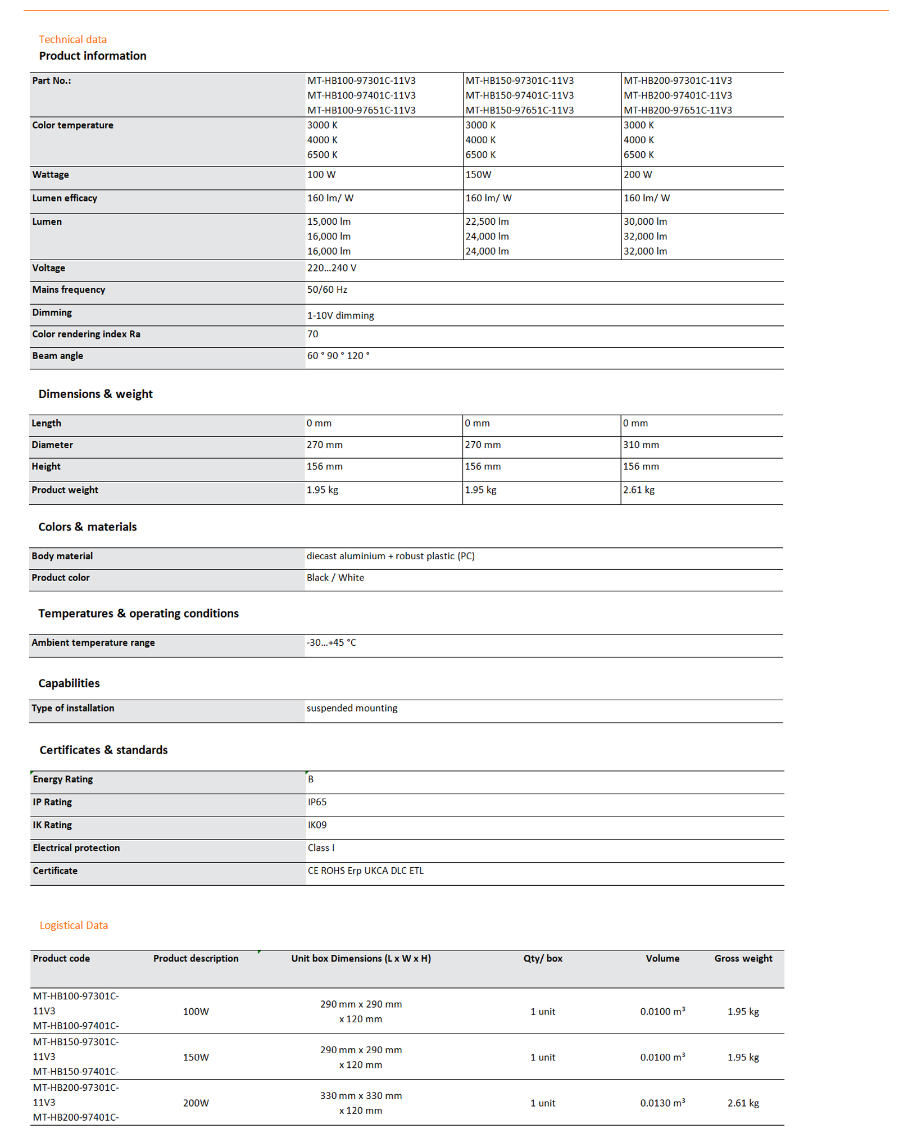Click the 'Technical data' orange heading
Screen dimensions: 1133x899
click(72, 39)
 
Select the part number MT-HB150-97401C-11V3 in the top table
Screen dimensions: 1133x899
click(519, 96)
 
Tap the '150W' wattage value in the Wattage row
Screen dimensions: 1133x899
click(478, 175)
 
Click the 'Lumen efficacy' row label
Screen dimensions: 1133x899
click(65, 198)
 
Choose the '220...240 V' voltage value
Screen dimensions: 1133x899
click(332, 268)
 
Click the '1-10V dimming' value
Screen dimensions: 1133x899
click(340, 316)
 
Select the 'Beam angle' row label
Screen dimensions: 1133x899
click(57, 356)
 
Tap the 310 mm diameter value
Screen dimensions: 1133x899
click(641, 445)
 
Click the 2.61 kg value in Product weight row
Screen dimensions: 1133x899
click(638, 490)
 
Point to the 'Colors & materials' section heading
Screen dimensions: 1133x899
click(88, 527)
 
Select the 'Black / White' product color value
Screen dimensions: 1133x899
click(335, 578)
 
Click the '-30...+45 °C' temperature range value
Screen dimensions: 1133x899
click(331, 643)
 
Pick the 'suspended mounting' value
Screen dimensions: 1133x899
click(352, 709)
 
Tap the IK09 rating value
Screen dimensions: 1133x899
click(317, 826)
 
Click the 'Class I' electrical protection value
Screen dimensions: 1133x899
click(321, 848)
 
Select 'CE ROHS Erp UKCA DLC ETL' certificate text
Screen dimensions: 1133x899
click(365, 871)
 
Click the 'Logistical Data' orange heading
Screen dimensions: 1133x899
click(74, 926)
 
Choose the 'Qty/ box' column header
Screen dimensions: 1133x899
click(543, 959)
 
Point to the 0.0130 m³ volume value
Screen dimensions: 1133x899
click(662, 1103)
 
